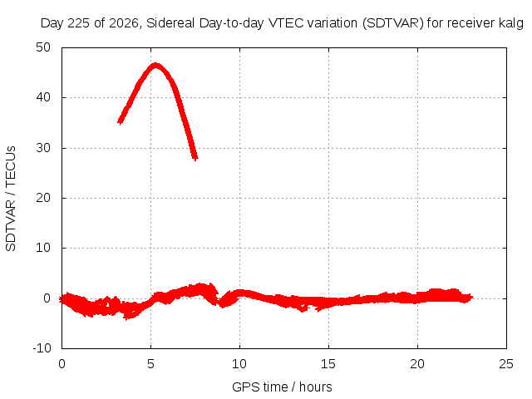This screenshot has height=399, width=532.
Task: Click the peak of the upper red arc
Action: click(155, 65)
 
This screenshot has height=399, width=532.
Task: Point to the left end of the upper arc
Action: click(120, 121)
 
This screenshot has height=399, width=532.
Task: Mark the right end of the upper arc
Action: click(195, 158)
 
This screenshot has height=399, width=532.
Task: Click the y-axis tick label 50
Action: click(43, 47)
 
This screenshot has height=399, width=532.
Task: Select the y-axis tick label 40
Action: click(43, 97)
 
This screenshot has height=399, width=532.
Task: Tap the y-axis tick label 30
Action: click(43, 148)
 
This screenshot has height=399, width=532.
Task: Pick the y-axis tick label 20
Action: click(43, 198)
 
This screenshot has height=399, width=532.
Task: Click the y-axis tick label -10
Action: click(42, 348)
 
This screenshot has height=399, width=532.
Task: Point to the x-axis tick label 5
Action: click(150, 364)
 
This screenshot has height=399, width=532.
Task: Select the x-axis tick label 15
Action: click(328, 364)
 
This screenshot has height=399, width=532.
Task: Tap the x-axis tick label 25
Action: click(506, 364)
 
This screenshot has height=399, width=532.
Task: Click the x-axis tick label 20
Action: click(417, 364)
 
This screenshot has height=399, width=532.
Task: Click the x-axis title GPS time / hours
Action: click(282, 387)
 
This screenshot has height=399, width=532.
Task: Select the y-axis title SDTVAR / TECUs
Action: click(11, 199)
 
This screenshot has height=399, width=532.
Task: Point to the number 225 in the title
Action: click(79, 23)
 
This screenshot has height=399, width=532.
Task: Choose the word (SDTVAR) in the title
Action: click(393, 23)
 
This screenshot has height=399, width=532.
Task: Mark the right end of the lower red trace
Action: click(471, 298)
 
